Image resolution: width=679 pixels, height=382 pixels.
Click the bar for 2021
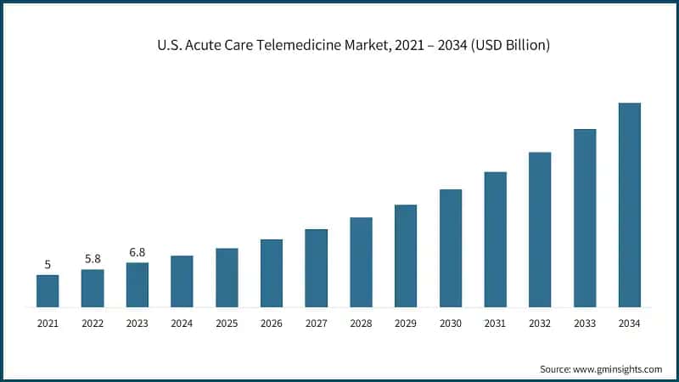48,290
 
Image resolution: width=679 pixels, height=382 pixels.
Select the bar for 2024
182,281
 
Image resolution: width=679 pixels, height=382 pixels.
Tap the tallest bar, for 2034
629,205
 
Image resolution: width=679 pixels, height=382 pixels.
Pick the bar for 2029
406,256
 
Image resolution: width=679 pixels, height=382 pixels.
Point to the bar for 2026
272,272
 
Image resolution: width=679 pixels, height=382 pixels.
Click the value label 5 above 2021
48,265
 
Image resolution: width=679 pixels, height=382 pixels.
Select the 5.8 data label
93,258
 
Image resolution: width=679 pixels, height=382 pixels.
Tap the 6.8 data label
137,252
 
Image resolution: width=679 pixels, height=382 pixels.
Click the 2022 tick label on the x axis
93,323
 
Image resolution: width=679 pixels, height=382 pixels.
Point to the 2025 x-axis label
227,323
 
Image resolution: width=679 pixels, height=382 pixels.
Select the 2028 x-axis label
361,323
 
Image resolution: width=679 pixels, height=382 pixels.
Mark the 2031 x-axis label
495,323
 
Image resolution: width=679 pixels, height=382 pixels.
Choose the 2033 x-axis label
585,323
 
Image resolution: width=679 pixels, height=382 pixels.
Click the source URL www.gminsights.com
619,369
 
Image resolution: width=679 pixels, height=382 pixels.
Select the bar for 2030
451,248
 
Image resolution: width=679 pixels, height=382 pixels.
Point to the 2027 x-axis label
316,323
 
